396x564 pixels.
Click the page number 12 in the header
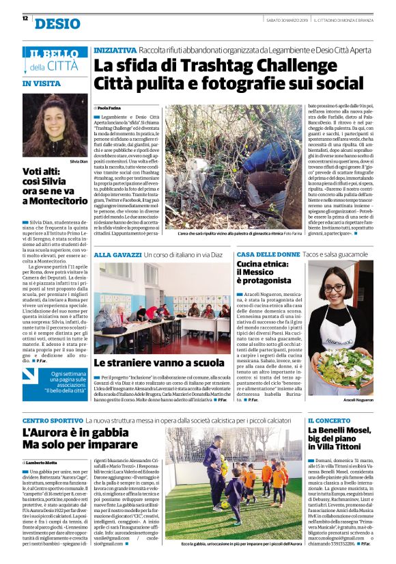click(25, 19)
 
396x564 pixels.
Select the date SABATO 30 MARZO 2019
click(279, 19)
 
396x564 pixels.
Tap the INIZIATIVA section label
click(115, 51)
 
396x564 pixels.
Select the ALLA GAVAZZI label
click(117, 254)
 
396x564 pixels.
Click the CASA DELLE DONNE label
click(268, 254)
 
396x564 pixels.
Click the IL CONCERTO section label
click(329, 420)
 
